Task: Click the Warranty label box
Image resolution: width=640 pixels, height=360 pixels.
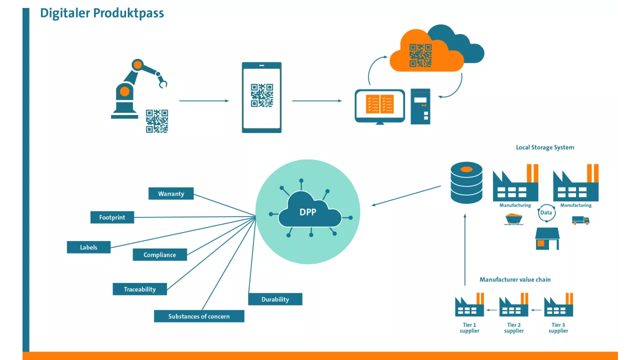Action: [x=171, y=193]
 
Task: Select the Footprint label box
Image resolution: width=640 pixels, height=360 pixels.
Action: [x=112, y=217]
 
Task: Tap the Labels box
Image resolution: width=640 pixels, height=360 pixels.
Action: [x=88, y=247]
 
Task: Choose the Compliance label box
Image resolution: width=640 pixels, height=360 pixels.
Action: [x=159, y=254]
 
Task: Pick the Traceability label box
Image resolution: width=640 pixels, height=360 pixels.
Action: [x=139, y=289]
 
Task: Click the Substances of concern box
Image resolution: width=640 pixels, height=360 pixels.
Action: [x=199, y=316]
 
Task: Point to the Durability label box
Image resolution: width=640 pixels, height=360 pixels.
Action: [x=275, y=299]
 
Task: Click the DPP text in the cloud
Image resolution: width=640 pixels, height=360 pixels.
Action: [x=308, y=212]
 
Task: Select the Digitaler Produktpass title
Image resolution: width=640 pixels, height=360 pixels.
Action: [x=102, y=13]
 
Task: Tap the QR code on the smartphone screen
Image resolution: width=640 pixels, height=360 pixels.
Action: [x=261, y=95]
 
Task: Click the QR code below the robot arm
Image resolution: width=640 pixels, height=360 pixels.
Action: [x=157, y=121]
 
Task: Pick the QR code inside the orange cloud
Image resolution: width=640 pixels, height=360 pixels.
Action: [x=420, y=55]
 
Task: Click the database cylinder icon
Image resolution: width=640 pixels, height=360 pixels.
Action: [x=466, y=182]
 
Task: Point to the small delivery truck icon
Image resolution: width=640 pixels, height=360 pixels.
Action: [x=580, y=220]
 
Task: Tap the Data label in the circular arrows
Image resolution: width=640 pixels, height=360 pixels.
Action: [x=546, y=212]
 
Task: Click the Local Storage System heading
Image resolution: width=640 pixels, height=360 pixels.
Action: [x=545, y=147]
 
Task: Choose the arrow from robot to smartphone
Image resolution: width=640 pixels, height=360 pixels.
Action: [x=203, y=101]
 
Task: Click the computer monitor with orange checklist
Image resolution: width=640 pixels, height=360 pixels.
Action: [x=379, y=105]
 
